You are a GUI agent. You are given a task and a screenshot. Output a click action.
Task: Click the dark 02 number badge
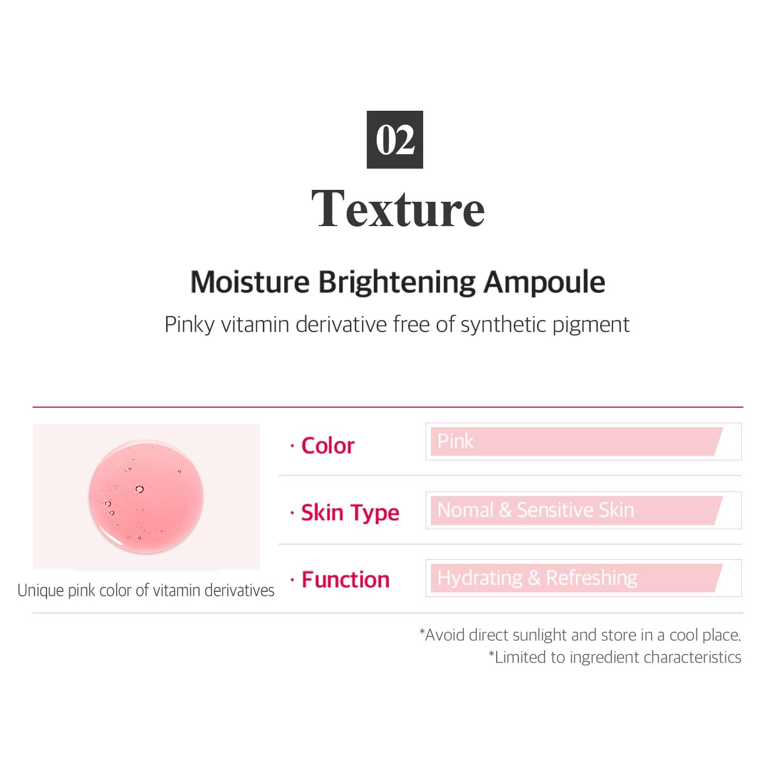click(x=395, y=140)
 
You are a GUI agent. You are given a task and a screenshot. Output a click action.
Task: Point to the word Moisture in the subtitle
click(x=250, y=282)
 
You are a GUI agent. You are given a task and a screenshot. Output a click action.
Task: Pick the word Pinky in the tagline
click(x=189, y=325)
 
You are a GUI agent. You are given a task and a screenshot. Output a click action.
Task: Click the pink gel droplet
click(x=146, y=497)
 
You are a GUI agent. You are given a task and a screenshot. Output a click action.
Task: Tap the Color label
click(x=328, y=445)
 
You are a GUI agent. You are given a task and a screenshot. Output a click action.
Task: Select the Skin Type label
click(x=350, y=513)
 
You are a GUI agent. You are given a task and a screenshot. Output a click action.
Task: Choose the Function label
click(x=346, y=579)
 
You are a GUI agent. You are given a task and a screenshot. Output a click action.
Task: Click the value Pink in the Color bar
click(x=455, y=441)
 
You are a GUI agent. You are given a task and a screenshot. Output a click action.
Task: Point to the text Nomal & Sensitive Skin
click(x=536, y=510)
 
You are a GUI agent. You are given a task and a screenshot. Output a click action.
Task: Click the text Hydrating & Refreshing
click(x=538, y=578)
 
